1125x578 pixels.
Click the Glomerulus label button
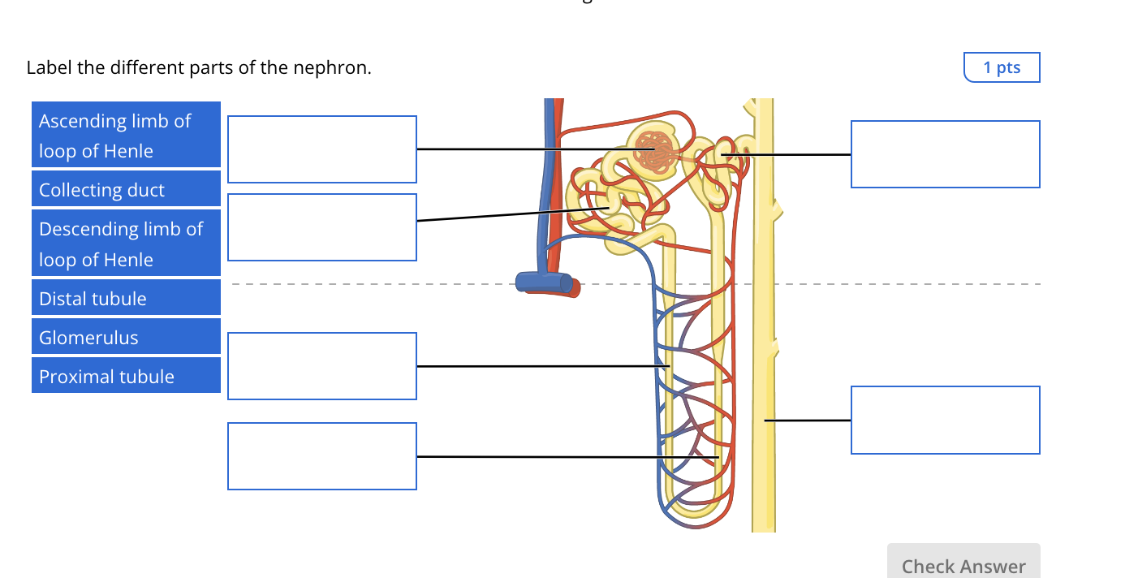126,337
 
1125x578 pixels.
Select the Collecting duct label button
126,189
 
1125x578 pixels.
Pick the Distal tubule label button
126,298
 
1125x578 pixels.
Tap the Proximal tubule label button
126,376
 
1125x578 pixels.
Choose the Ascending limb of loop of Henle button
126,136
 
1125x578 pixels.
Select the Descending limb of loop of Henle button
126,244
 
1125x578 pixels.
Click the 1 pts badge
1001,67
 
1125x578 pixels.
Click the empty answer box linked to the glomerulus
321,149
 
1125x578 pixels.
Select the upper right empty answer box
945,154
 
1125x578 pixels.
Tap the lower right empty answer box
945,420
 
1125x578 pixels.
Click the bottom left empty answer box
321,456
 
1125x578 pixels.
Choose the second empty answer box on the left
321,227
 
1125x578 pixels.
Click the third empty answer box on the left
321,366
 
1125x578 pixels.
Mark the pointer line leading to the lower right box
808,421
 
